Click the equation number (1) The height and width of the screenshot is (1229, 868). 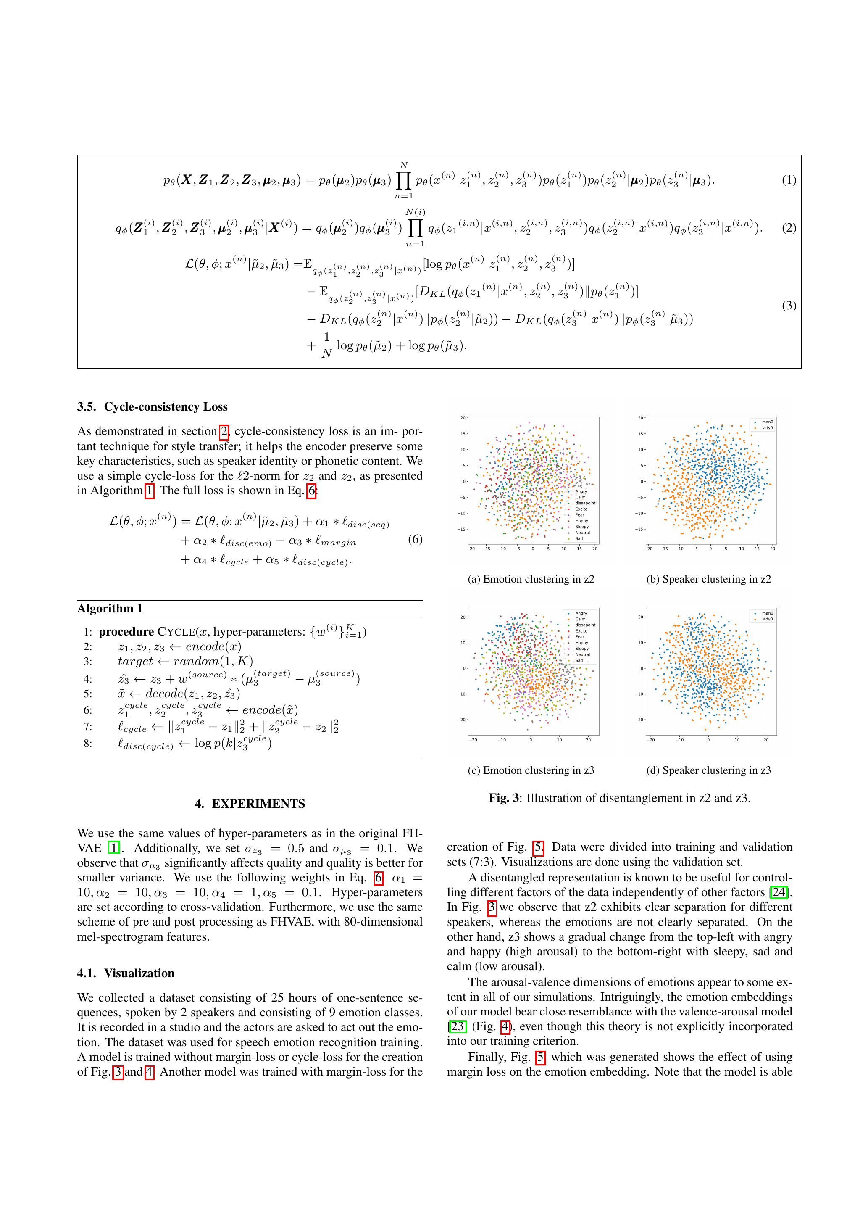pos(788,180)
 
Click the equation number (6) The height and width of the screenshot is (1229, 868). pos(415,538)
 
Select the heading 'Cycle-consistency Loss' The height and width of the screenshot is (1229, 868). pos(166,406)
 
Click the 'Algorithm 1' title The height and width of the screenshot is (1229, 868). pos(110,608)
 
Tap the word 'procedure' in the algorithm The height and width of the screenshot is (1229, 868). pos(126,632)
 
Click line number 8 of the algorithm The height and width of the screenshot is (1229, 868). pos(88,744)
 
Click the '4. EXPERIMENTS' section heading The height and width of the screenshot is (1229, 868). pos(250,804)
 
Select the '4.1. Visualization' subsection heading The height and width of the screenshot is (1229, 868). pos(126,973)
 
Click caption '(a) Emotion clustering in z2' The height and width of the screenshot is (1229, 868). pos(530,579)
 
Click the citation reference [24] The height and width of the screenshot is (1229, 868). pos(779,892)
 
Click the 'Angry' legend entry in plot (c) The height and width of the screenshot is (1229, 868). pos(581,613)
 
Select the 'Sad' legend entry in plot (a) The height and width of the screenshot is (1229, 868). pos(579,538)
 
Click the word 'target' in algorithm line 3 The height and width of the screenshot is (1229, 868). pos(135,662)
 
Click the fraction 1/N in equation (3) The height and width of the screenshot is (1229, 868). pos(326,345)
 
